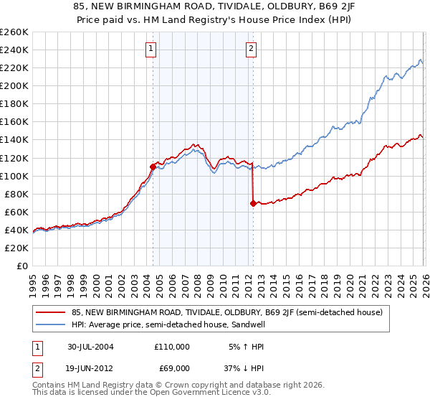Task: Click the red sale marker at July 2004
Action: tap(153, 167)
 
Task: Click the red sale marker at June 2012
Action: tap(253, 203)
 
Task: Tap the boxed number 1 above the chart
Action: tap(152, 49)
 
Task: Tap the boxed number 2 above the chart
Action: tap(252, 49)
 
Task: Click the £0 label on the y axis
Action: tap(21, 266)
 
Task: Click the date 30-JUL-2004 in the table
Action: tap(90, 346)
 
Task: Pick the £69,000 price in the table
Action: tap(172, 368)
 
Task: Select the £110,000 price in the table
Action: tap(172, 346)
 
